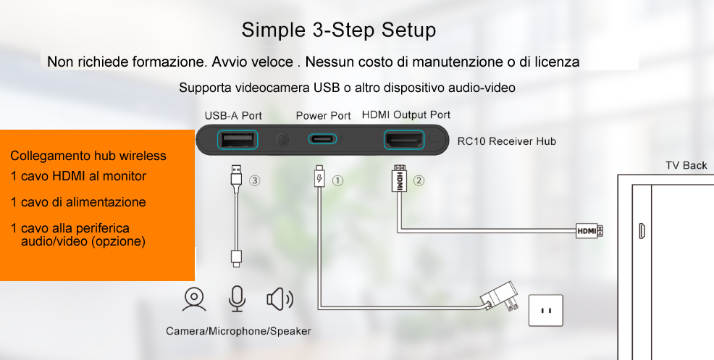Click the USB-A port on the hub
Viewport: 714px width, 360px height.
pyautogui.click(x=238, y=140)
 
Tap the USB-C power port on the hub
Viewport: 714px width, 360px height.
pyautogui.click(x=323, y=138)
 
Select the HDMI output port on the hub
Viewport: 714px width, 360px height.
pyautogui.click(x=404, y=140)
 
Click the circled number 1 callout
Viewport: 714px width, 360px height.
pyautogui.click(x=337, y=181)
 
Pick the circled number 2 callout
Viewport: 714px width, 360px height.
pyautogui.click(x=419, y=180)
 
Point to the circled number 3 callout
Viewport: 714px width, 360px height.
pyautogui.click(x=255, y=181)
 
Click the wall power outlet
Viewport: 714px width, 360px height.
pyautogui.click(x=545, y=310)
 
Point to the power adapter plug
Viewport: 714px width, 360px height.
pyautogui.click(x=500, y=298)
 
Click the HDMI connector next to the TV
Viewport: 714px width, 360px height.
pyautogui.click(x=589, y=231)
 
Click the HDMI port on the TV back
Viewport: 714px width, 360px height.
pyautogui.click(x=642, y=231)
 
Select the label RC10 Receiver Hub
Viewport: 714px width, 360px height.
pyautogui.click(x=506, y=141)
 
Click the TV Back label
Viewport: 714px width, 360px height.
pyautogui.click(x=686, y=165)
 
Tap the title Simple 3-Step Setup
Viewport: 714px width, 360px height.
pyautogui.click(x=338, y=30)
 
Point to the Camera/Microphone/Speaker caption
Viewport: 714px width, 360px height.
pyautogui.click(x=238, y=331)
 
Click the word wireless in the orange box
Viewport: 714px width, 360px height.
pyautogui.click(x=143, y=156)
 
